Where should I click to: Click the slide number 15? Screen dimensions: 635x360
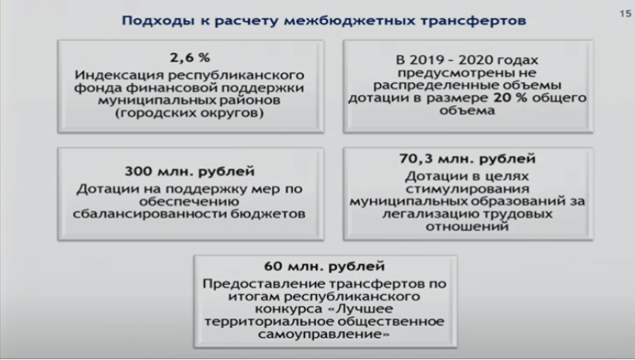click(625, 14)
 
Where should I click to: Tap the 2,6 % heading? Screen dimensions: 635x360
click(190, 58)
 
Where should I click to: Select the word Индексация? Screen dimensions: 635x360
click(118, 75)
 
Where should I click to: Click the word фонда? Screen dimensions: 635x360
click(98, 88)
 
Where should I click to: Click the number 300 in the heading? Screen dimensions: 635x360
click(139, 171)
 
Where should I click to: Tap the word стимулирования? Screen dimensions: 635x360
click(467, 189)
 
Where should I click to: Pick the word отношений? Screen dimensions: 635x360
click(467, 226)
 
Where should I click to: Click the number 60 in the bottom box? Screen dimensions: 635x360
click(274, 266)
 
